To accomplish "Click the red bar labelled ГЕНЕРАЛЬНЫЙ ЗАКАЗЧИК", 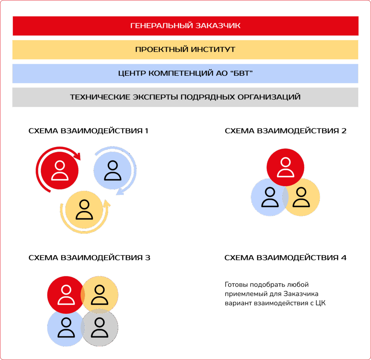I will click(x=185, y=26).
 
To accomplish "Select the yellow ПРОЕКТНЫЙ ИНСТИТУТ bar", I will click(x=185, y=49).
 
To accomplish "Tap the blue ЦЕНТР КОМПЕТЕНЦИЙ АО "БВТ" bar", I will click(x=185, y=73).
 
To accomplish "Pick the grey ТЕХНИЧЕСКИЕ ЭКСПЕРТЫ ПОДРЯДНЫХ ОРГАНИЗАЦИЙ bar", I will click(x=185, y=97).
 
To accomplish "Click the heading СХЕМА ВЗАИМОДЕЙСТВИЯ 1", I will click(x=88, y=131).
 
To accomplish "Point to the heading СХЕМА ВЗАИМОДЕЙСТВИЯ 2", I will click(x=285, y=131).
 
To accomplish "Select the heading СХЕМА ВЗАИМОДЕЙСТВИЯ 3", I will click(x=89, y=258).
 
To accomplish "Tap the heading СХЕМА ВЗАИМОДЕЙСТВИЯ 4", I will click(x=285, y=258).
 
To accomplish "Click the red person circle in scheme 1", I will click(x=60, y=170).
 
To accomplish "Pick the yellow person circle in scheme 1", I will click(x=84, y=210).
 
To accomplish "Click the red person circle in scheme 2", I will click(x=285, y=166).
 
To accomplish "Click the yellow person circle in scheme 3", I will click(x=99, y=295).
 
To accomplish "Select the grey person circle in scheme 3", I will click(x=99, y=328).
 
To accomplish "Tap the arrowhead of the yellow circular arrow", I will click(x=107, y=204).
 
